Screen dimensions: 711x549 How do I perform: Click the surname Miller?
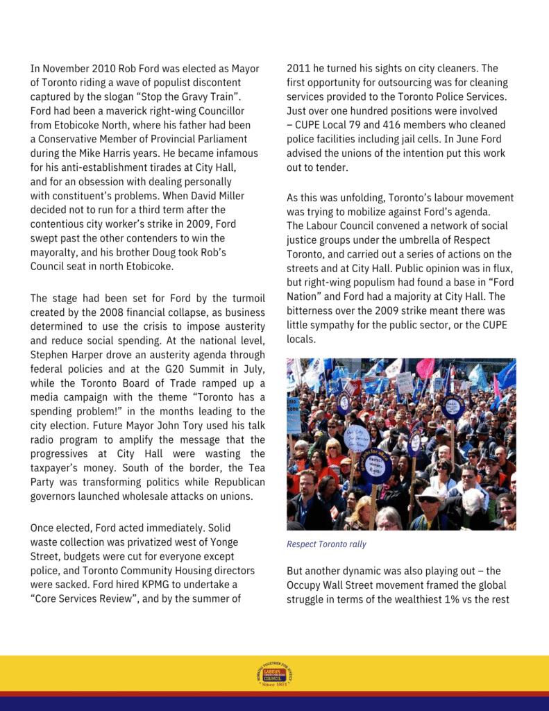[228, 196]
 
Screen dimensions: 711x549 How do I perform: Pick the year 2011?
[299, 69]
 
